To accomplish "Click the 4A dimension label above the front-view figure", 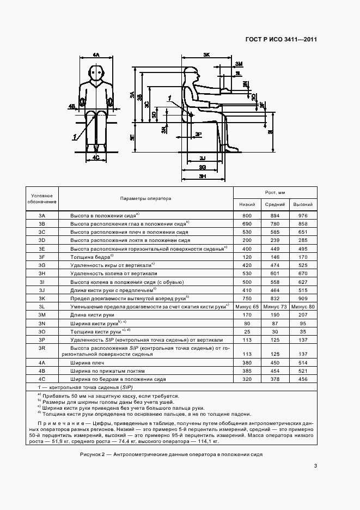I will point(96,55).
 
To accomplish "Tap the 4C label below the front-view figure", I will point(96,157).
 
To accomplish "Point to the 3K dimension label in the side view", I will point(206,55).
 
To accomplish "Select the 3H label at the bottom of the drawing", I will point(202,177).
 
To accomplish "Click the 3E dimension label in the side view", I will point(132,138).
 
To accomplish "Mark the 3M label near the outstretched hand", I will point(239,64).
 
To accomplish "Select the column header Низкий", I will point(248,204).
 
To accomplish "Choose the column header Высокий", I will point(303,204).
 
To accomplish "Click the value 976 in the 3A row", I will point(303,216).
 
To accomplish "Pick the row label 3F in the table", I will point(42,256).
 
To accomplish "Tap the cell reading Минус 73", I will point(275,307).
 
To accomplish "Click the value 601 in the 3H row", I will point(275,272).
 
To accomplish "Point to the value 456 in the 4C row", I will point(303,379).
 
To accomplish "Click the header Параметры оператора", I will point(145,198).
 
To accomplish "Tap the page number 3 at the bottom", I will point(315,465).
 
